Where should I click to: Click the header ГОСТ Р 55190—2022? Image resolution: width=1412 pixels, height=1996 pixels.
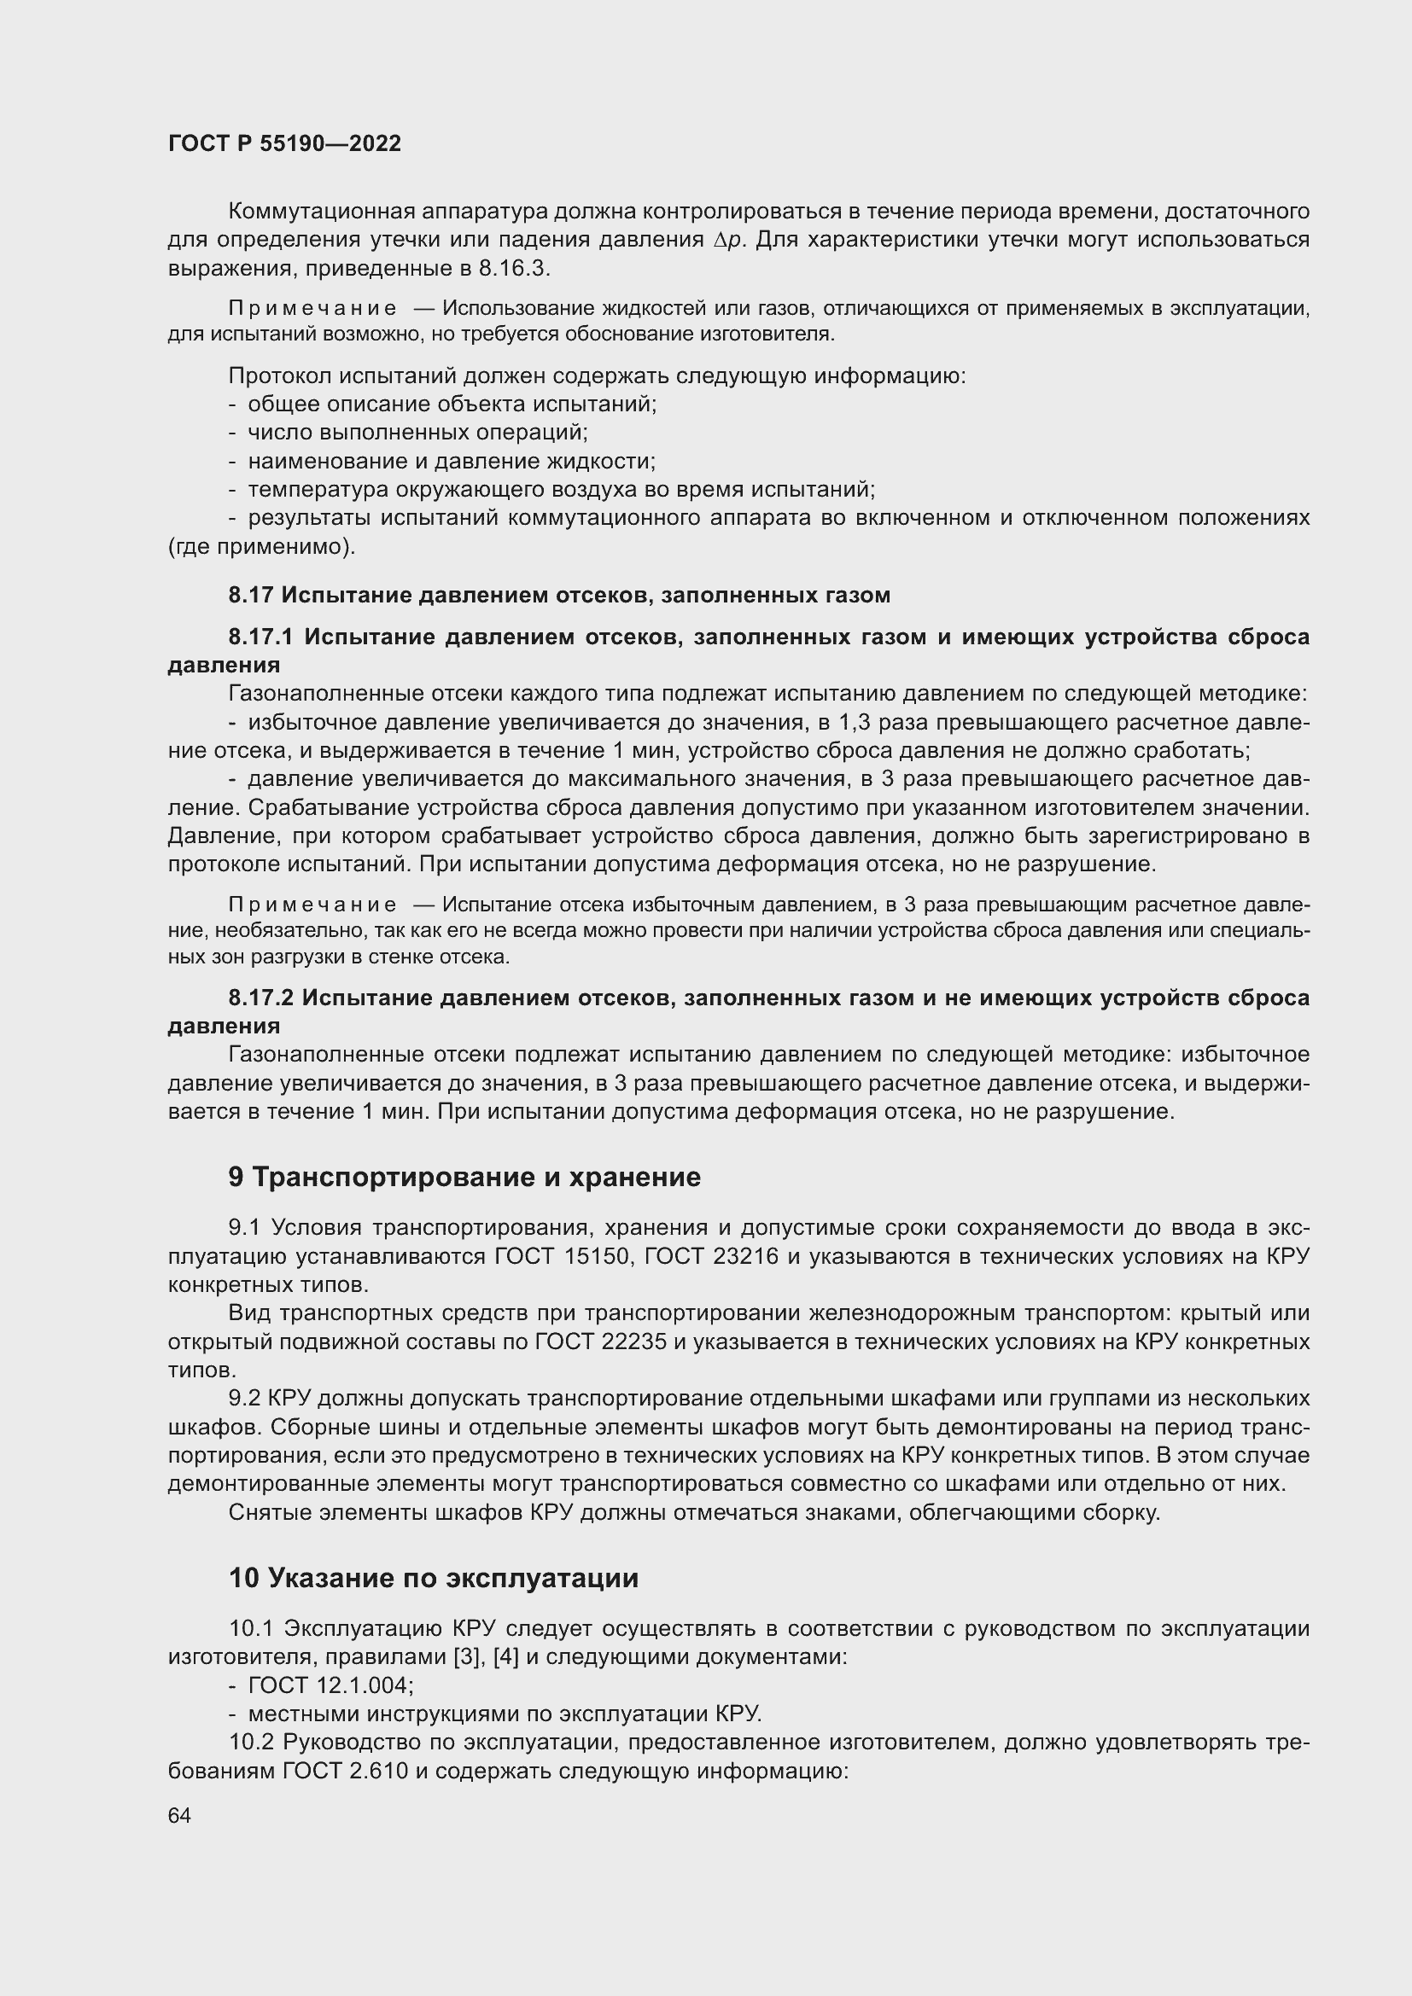click(284, 143)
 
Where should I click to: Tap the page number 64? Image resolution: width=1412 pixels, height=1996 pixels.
click(179, 1815)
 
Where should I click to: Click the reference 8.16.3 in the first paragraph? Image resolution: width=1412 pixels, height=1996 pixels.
click(513, 269)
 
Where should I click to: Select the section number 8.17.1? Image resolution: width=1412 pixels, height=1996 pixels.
click(264, 637)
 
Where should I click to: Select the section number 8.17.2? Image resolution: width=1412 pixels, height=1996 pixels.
click(262, 998)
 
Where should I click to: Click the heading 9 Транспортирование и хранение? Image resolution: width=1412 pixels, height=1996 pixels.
click(464, 1177)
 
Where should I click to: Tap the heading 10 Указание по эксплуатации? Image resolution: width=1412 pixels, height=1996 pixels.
click(433, 1578)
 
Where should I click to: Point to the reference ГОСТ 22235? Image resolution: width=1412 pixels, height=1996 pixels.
click(601, 1342)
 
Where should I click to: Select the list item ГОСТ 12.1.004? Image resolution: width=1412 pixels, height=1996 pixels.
click(330, 1685)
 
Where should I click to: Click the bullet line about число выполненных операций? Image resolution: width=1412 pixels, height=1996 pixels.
click(417, 433)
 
